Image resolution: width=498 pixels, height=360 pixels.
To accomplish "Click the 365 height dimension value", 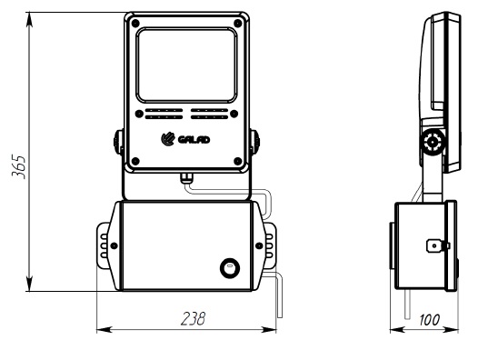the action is click(18, 166).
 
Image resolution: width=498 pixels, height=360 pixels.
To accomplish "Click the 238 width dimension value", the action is click(193, 319).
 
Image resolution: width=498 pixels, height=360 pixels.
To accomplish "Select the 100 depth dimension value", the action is click(430, 320).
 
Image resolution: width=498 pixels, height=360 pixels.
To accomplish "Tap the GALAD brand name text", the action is click(194, 140).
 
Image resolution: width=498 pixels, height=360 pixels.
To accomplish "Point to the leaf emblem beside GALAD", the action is click(168, 139).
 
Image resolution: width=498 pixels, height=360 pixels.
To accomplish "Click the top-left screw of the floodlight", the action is click(135, 24).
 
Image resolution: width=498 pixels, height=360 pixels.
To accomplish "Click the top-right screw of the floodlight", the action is click(237, 24).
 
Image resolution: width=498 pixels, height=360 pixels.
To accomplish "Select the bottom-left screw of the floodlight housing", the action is click(135, 161).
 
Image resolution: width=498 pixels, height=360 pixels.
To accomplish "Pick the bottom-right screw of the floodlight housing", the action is click(237, 161).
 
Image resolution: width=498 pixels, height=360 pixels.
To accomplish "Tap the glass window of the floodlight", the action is click(187, 65).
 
